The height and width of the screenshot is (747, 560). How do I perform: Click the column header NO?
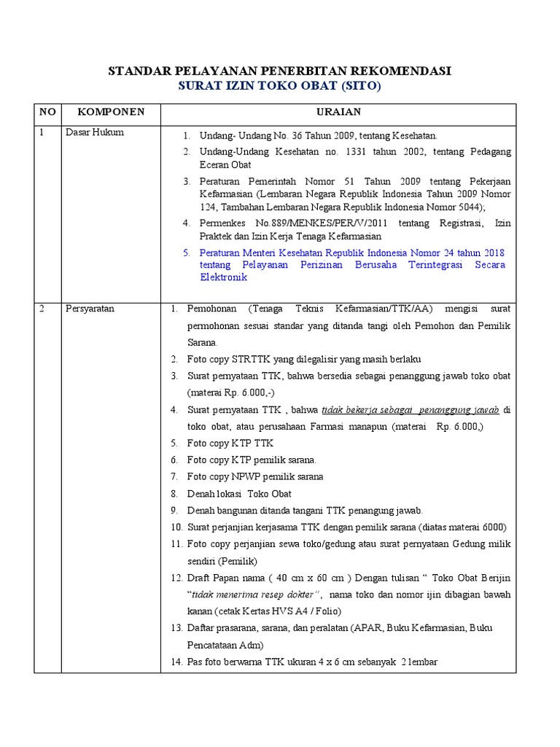[47, 112]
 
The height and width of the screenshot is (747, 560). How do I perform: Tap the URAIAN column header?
[338, 112]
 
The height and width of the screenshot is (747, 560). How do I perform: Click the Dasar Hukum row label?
[95, 133]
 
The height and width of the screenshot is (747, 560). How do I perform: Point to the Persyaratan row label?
[90, 309]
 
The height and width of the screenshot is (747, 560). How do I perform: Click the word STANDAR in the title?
[139, 71]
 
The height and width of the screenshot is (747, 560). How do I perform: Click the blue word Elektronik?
[224, 277]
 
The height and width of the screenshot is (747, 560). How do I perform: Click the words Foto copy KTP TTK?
[230, 444]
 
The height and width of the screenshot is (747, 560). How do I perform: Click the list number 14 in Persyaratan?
[176, 662]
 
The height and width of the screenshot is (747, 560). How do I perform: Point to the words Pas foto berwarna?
[227, 662]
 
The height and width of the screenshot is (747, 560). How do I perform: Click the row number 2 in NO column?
[43, 309]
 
